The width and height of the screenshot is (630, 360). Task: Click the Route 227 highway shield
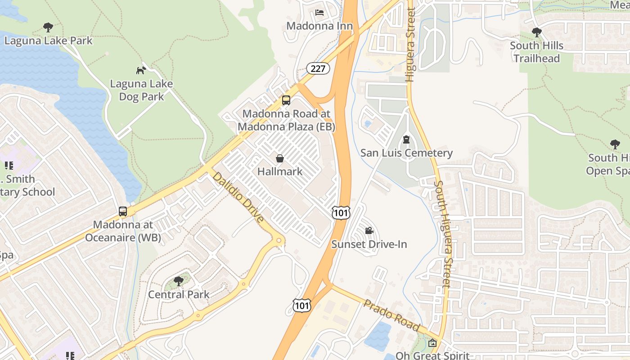coord(318,68)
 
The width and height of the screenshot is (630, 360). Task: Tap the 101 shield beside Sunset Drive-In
coord(341,212)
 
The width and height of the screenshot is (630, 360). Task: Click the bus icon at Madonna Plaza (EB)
coord(286,100)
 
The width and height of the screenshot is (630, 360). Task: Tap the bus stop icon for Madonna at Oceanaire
coord(123,211)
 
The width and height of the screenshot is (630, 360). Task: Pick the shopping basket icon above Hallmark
coord(280,158)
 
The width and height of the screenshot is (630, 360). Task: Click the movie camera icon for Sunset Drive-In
coord(369,231)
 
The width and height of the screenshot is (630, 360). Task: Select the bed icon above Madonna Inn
coord(319,12)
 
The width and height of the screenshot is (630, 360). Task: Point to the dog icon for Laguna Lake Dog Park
coord(141,70)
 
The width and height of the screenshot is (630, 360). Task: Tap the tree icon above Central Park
coord(179,281)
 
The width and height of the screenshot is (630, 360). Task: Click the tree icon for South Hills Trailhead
coord(536,32)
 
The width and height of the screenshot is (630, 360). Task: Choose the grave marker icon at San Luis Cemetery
coord(406,139)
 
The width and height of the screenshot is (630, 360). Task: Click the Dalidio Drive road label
coord(238,197)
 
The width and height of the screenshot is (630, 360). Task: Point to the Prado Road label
coord(392,315)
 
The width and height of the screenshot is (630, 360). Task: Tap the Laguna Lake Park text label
coord(48,40)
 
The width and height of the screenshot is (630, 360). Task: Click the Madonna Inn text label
coord(319,26)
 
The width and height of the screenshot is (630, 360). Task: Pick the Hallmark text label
coord(280,171)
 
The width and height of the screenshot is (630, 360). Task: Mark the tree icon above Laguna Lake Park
coord(48,27)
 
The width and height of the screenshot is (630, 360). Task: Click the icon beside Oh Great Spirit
coord(432,343)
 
